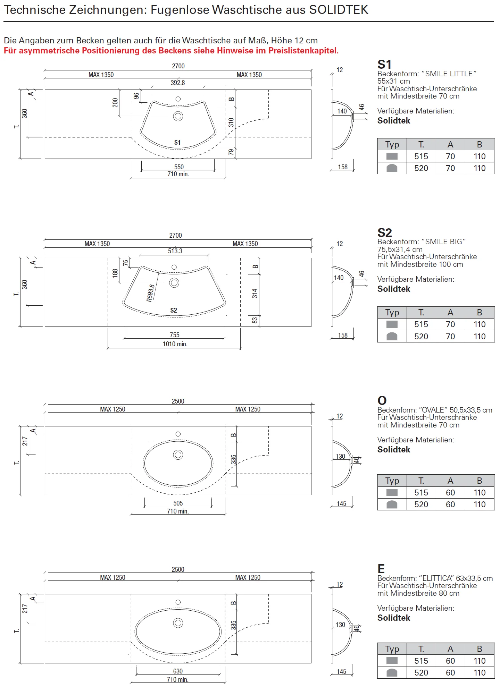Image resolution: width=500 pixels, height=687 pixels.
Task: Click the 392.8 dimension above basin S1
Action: pos(178,83)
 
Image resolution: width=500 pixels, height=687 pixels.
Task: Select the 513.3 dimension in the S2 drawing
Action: pos(175,251)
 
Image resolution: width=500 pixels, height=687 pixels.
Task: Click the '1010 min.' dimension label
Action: pos(175,344)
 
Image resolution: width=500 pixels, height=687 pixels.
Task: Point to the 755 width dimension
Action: pos(175,335)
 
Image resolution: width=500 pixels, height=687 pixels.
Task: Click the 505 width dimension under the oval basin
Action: pos(178,503)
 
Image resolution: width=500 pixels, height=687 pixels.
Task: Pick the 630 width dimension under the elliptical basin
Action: pos(178,671)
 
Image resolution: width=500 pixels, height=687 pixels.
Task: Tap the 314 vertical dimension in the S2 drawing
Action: pos(255,294)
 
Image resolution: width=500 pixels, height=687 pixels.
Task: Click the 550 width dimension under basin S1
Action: pos(179,167)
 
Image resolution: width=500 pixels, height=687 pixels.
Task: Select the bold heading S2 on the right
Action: pos(385,232)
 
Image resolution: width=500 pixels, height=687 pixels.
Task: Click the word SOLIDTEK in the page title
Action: pos(339,10)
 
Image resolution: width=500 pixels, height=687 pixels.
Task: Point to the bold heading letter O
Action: pos(382,400)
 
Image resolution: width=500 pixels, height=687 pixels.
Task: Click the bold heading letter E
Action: pos(381,569)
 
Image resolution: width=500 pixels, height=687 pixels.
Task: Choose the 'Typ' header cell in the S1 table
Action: pos(392,144)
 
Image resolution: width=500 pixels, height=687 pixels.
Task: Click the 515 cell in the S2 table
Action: pos(421,324)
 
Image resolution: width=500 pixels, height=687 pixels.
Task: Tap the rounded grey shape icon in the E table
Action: pos(392,673)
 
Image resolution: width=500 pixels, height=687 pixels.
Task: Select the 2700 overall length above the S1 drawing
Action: pos(178,66)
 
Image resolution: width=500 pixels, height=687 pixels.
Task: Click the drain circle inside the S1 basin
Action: pos(178,116)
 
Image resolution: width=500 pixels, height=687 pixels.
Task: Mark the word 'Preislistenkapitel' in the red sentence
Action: pos(302,51)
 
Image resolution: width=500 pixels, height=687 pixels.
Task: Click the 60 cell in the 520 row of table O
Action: pos(450,504)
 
